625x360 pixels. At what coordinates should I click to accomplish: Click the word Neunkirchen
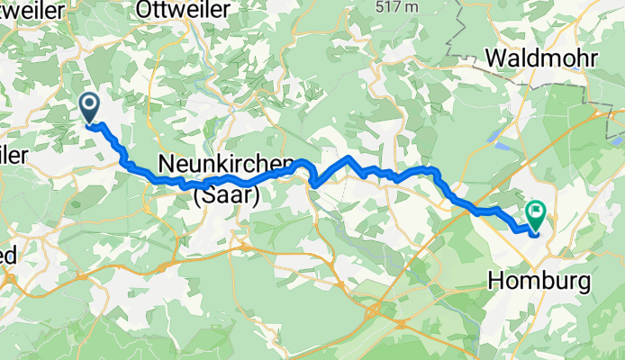tap(226, 164)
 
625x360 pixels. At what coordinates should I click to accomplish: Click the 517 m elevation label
tap(397, 6)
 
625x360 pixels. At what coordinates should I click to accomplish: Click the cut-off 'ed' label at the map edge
tap(8, 256)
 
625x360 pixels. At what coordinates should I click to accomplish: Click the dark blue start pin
tap(91, 107)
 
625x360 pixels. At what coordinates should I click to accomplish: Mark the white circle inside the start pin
tap(91, 103)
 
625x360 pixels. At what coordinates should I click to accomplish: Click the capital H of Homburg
tap(496, 281)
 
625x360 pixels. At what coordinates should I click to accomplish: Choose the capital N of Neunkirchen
tap(167, 164)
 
